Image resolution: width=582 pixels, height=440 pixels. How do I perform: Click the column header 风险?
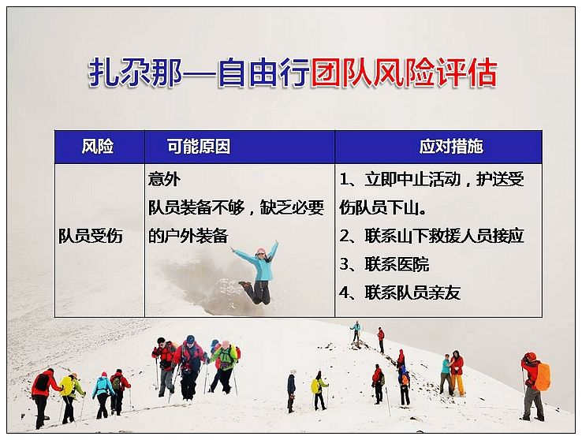97,146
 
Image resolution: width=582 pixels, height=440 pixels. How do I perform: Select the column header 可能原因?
198,146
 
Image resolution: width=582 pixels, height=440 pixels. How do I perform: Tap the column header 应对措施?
451,146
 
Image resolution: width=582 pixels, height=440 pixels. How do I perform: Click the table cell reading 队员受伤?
90,236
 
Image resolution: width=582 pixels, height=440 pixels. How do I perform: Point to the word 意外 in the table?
164,179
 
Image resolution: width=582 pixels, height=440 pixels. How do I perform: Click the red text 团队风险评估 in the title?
404,73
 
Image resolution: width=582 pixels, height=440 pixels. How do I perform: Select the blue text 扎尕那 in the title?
135,73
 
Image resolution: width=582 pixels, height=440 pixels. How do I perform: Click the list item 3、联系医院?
384,264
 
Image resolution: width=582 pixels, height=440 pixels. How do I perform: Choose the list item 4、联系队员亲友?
400,293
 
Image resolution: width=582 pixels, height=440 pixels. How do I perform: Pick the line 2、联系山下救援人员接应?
431,236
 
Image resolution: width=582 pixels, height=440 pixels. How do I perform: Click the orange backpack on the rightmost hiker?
543,377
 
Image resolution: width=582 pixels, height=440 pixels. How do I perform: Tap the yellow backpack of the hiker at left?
67,386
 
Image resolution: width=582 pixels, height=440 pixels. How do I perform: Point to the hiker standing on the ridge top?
356,331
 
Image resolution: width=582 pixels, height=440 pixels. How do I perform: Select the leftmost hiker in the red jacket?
43,397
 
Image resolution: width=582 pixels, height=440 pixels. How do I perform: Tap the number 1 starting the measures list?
344,180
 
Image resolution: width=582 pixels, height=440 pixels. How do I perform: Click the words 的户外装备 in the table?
188,236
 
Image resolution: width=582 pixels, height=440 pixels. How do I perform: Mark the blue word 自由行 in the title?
263,73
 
